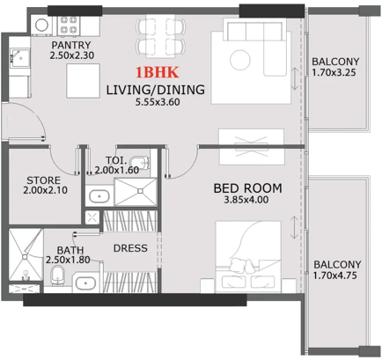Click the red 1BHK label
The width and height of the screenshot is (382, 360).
[x=157, y=72]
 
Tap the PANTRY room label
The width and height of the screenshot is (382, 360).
[x=71, y=45]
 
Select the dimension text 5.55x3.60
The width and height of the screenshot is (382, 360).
[x=158, y=102]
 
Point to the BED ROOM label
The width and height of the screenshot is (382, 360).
[x=248, y=188]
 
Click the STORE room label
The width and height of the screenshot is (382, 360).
[x=43, y=180]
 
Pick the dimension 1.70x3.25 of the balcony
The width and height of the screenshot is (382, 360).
[x=334, y=72]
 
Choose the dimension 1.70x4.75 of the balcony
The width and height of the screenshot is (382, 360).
[x=334, y=276]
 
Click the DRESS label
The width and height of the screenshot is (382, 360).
[x=130, y=248]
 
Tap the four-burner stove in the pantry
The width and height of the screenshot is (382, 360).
[x=69, y=25]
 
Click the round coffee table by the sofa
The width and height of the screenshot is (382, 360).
[x=240, y=60]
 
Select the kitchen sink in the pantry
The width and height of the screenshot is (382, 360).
[x=19, y=58]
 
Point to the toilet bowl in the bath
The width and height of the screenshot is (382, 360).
[x=57, y=276]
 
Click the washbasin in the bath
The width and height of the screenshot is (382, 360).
[x=85, y=283]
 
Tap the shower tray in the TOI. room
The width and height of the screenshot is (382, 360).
[x=136, y=192]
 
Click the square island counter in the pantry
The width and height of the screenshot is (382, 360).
[x=83, y=81]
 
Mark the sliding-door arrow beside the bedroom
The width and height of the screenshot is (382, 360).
[x=294, y=227]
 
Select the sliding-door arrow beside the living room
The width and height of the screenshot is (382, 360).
[x=295, y=79]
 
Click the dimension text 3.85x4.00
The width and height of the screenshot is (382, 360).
[x=246, y=200]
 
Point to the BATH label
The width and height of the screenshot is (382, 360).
[x=70, y=250]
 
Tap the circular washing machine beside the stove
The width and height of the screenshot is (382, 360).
[x=42, y=25]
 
